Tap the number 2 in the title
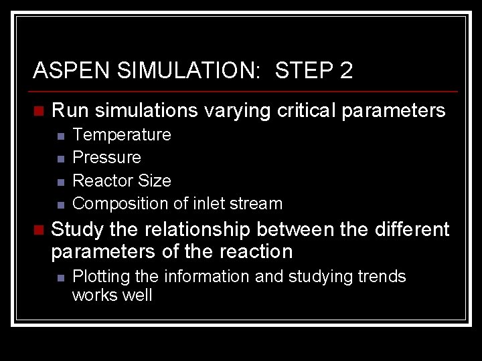pyautogui.click(x=345, y=70)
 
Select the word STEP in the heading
pyautogui.click(x=305, y=70)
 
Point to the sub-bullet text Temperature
pyautogui.click(x=121, y=134)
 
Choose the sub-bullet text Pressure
pyautogui.click(x=106, y=158)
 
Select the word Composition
pyautogui.click(x=112, y=203)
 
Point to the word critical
pyautogui.click(x=303, y=110)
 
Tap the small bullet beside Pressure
pyautogui.click(x=60, y=158)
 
